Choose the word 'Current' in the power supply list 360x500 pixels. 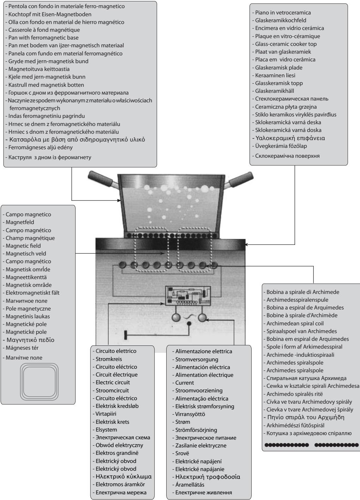coord(185,383)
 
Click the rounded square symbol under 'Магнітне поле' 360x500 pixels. coord(38,380)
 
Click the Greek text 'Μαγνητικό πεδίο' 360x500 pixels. coord(30,340)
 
